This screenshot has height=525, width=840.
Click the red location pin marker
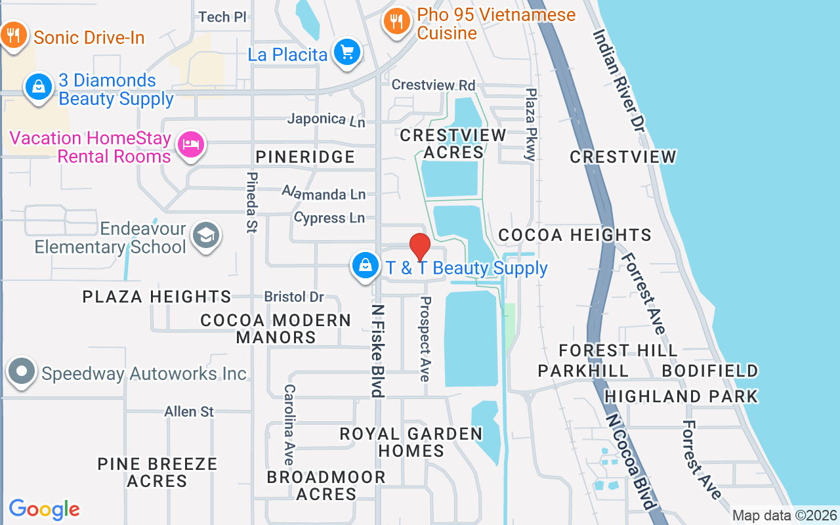(x=420, y=247)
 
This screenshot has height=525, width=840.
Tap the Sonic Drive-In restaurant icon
(x=13, y=35)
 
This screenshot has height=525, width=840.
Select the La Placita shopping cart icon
(x=346, y=52)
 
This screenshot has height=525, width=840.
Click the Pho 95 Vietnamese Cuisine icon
(x=396, y=22)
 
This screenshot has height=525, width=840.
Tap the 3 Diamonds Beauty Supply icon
(x=39, y=87)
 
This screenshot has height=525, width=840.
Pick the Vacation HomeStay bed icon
(x=190, y=144)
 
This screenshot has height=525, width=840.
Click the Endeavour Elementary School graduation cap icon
(x=207, y=236)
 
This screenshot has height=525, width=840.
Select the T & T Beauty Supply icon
(x=364, y=266)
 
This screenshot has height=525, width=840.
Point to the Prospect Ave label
(x=425, y=339)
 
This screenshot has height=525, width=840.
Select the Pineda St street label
(x=251, y=202)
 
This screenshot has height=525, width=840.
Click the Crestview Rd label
(x=433, y=85)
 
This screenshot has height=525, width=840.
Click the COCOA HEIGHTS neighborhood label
(x=574, y=235)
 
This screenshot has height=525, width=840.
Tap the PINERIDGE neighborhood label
(x=305, y=157)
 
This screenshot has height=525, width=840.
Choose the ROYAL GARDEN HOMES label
(x=411, y=442)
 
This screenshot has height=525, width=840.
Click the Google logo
(x=44, y=509)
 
